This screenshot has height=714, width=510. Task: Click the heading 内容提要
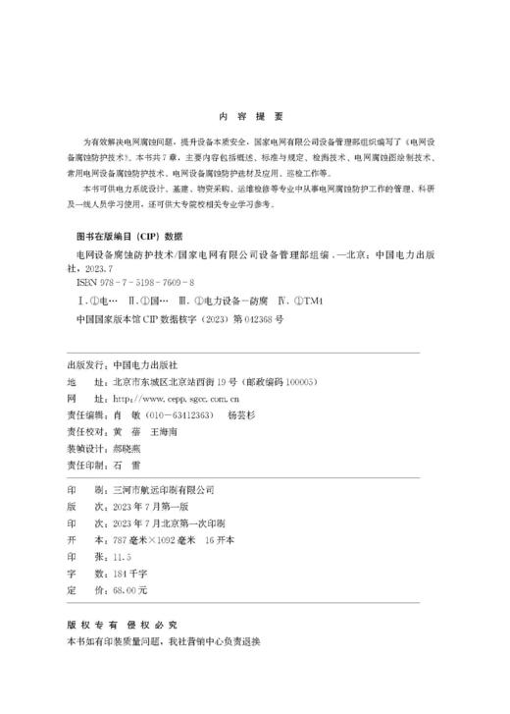click(254, 113)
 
